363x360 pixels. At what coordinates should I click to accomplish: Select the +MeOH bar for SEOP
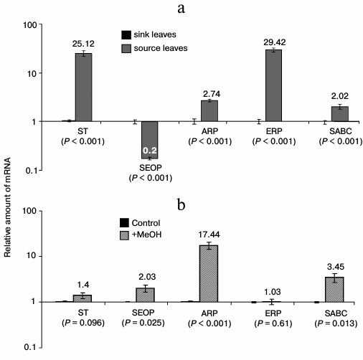coord(146,294)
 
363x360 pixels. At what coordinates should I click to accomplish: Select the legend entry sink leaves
coord(152,34)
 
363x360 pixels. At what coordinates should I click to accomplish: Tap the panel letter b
coord(182,203)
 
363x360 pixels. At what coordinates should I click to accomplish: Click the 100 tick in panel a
coord(26,26)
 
